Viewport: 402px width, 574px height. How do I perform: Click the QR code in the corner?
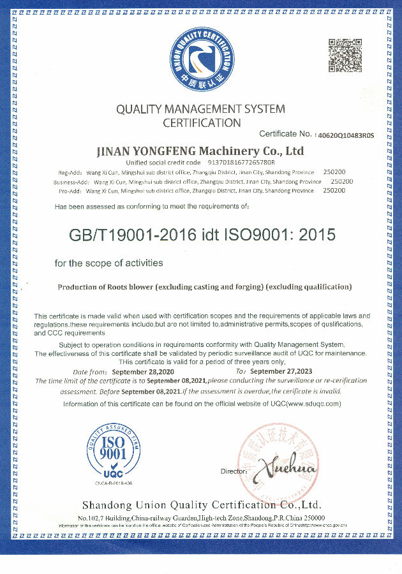pyautogui.click(x=345, y=56)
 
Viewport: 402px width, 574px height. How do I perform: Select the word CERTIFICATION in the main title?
pyautogui.click(x=202, y=122)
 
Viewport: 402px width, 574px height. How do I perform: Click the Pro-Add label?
pyautogui.click(x=69, y=190)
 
